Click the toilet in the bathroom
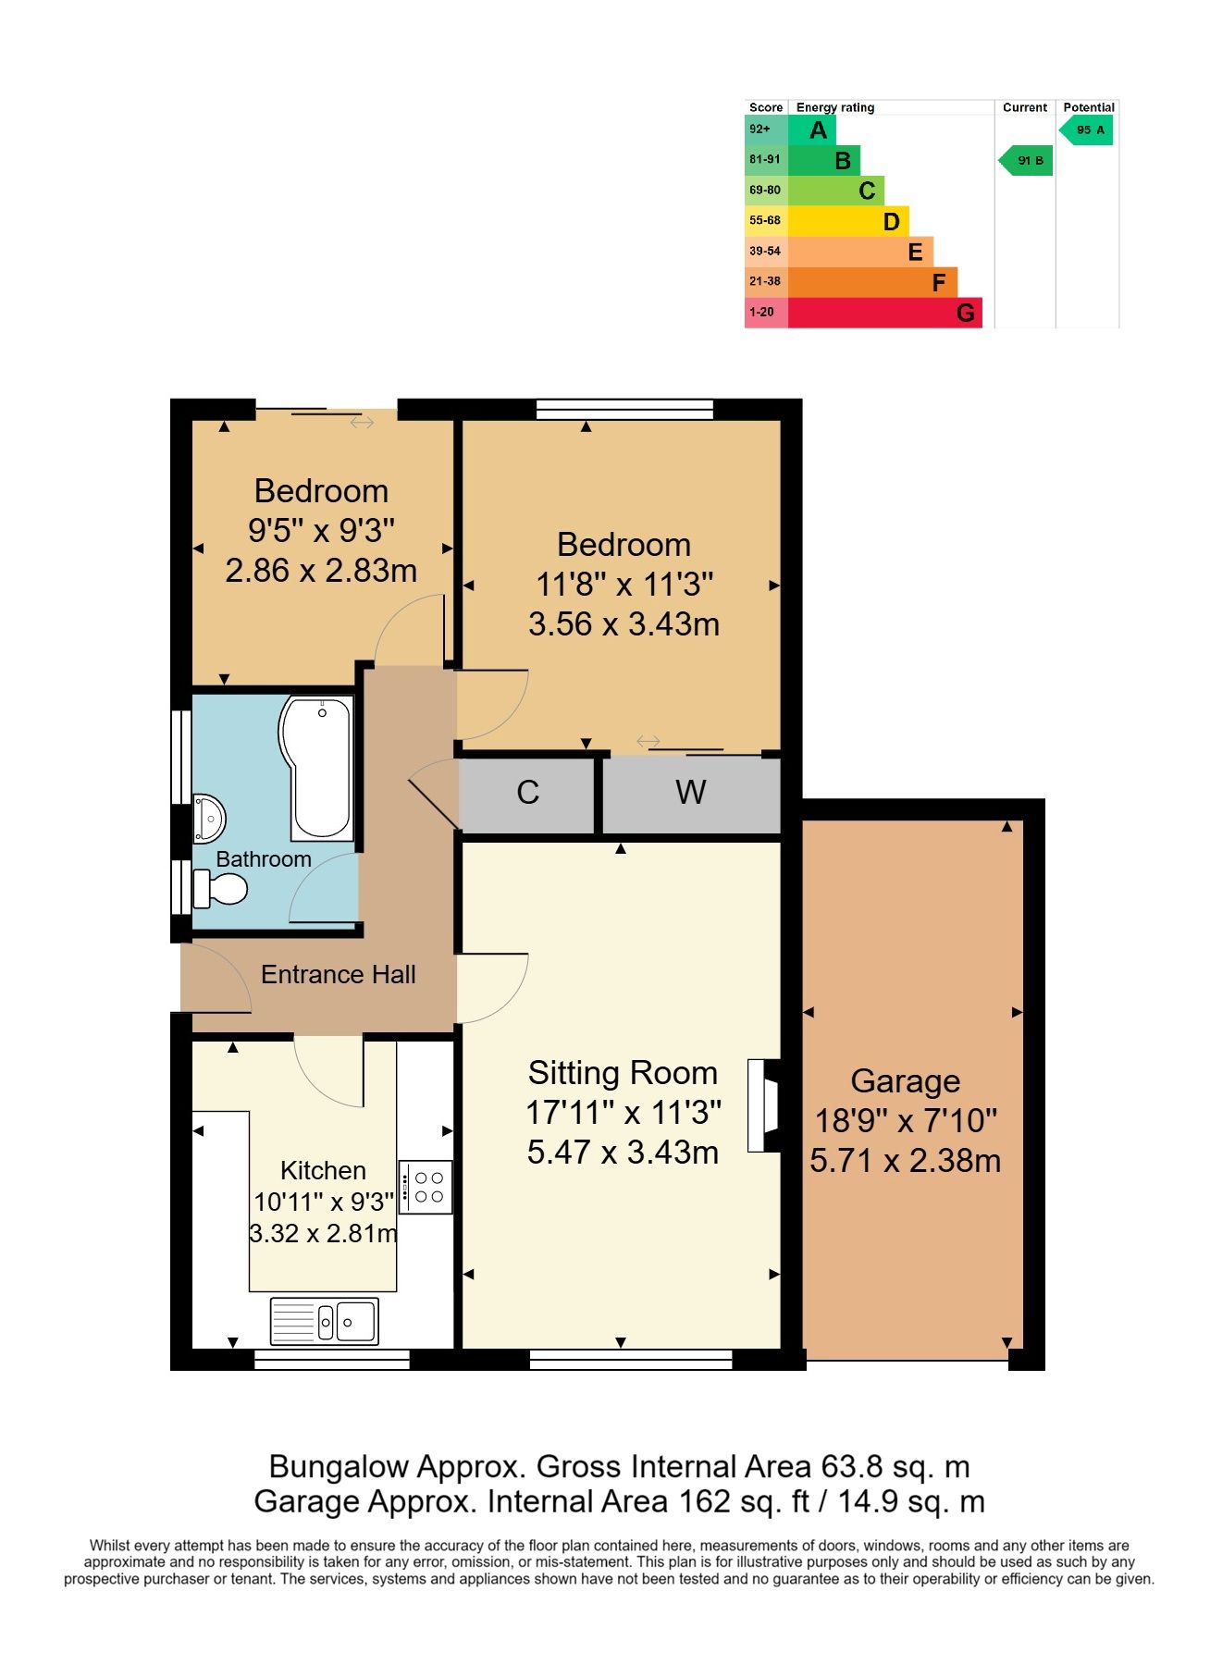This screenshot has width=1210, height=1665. [220, 889]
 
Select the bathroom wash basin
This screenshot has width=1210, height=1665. [208, 819]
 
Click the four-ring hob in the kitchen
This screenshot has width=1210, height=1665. [426, 1187]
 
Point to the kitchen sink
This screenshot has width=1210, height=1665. [324, 1321]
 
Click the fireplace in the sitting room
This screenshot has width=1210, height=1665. [763, 1105]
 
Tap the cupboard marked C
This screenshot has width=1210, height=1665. [527, 794]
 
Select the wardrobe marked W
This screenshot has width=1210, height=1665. [691, 794]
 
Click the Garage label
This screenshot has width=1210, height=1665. [906, 1080]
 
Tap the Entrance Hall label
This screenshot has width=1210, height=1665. [339, 974]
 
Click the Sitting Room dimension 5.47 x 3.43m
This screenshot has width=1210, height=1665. [623, 1153]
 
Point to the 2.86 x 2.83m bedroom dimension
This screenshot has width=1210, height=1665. [321, 571]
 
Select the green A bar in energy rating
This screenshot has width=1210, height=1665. [811, 129]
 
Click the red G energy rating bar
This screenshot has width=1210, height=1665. [884, 313]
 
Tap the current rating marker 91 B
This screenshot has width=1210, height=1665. [1025, 161]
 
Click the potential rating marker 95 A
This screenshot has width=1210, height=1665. [1086, 130]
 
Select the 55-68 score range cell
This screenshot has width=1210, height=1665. [766, 221]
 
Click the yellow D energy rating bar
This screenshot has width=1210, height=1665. [848, 221]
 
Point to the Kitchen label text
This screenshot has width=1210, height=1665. [323, 1170]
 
